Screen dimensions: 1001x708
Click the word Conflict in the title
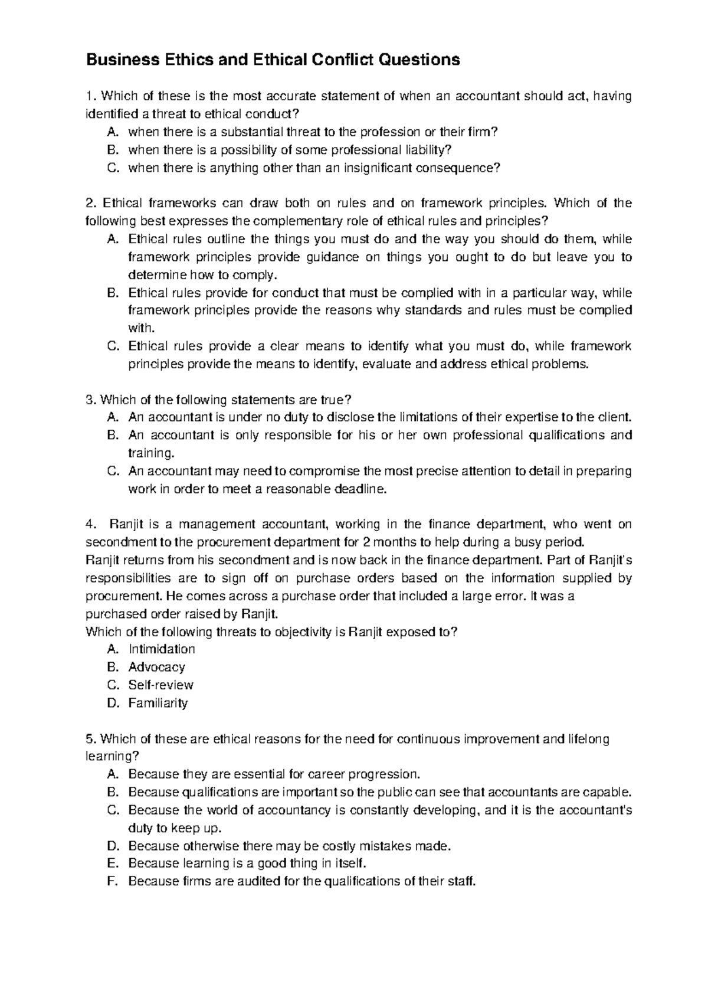coord(343,60)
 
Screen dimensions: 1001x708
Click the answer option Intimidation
coord(161,649)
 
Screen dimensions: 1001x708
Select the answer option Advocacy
coord(156,667)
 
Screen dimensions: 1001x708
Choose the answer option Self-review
coord(160,685)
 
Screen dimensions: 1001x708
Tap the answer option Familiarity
coord(158,703)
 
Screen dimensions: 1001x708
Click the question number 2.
coord(90,204)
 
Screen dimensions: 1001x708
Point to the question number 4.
coord(90,525)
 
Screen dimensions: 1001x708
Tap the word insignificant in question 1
coord(377,168)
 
